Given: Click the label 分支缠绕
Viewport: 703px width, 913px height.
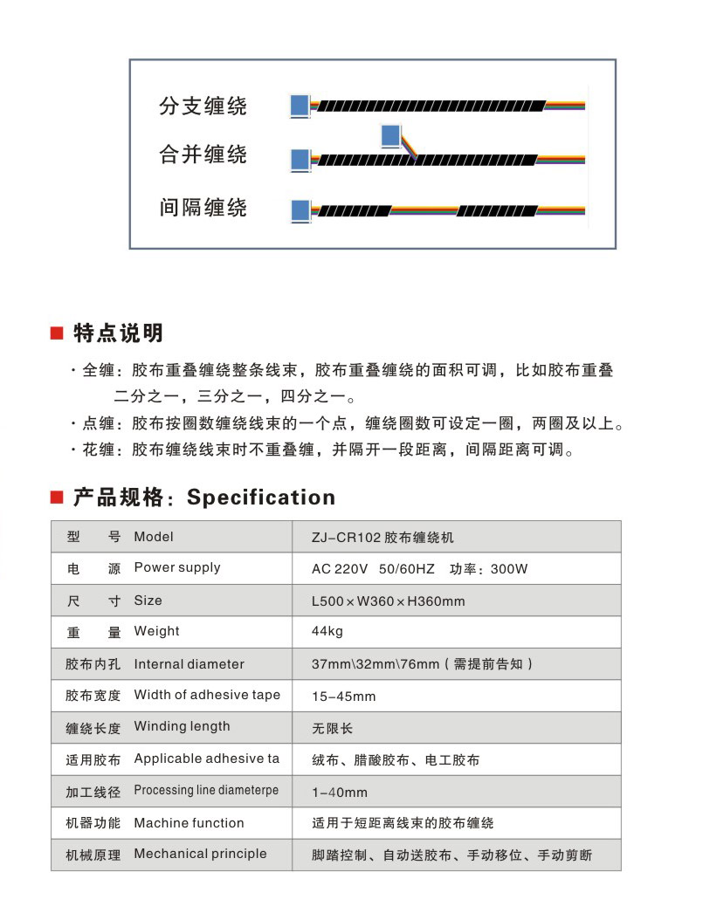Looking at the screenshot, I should (203, 106).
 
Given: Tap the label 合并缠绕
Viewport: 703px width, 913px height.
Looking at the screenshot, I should (203, 155).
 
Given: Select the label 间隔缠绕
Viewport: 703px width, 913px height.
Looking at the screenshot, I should (203, 208).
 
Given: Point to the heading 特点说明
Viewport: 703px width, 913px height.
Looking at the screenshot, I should (118, 333).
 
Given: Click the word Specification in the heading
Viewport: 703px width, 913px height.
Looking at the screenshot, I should (261, 498).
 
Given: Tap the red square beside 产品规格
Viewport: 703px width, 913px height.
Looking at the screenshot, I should (58, 498).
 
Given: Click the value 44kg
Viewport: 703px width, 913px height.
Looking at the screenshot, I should (327, 631).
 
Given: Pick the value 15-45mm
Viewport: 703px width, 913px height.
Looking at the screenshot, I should (344, 697).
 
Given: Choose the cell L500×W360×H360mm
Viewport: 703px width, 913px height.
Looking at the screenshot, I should (389, 601).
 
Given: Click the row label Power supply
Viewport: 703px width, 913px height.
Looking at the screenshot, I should (177, 567).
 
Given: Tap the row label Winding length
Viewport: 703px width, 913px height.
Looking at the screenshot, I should (182, 726).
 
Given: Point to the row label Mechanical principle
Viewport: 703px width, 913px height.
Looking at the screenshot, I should (200, 854).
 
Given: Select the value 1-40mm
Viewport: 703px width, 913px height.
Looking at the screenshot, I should (340, 793).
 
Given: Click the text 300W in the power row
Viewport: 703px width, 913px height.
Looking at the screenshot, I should (509, 569).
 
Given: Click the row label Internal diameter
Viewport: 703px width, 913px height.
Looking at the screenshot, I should (189, 664).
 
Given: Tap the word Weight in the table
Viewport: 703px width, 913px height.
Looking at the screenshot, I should (156, 631).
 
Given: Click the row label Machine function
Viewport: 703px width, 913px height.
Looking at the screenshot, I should (189, 823).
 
